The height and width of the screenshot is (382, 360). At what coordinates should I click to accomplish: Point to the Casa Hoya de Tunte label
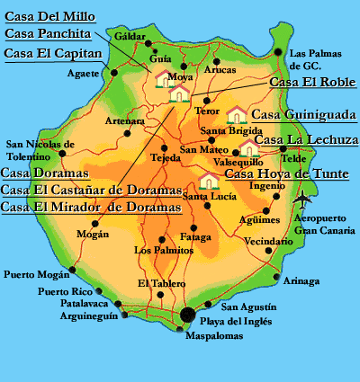tap(286, 173)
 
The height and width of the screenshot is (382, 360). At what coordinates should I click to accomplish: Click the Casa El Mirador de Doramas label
tap(91, 207)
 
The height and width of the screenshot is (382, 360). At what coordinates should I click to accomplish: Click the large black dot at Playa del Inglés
tap(187, 315)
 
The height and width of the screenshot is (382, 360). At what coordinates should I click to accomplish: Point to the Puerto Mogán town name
tap(36, 275)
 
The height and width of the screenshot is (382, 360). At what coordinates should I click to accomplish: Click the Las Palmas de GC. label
tap(317, 58)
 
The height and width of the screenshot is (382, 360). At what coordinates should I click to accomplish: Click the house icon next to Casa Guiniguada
tap(237, 114)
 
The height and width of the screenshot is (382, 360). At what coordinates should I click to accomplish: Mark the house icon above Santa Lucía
tap(210, 181)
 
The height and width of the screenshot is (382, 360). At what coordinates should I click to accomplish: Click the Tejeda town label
tap(165, 159)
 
